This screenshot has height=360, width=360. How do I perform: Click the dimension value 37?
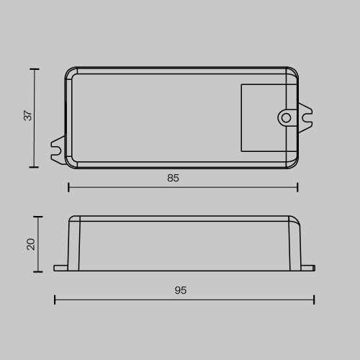[28, 115]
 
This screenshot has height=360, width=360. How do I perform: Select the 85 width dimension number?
[173, 178]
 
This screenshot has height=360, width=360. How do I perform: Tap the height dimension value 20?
[30, 244]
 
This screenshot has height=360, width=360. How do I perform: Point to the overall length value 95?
[180, 290]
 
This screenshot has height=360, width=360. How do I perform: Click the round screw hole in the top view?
[286, 117]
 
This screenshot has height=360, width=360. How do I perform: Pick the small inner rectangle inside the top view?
[268, 118]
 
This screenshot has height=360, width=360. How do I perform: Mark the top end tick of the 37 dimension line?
[34, 69]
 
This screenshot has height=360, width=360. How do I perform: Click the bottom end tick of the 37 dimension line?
[34, 167]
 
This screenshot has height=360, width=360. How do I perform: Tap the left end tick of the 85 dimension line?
[68, 187]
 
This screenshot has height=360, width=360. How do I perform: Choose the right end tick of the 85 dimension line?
[297, 187]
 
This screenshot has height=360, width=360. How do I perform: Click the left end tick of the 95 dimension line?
[55, 300]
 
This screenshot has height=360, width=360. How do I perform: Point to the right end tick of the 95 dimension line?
[314, 300]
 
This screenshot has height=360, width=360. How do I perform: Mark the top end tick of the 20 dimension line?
[38, 217]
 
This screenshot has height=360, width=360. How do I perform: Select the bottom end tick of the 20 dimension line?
[38, 271]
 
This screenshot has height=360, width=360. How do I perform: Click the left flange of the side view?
[60, 269]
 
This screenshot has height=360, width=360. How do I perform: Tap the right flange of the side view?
[308, 269]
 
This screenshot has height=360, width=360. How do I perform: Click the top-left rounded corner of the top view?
[70, 72]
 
